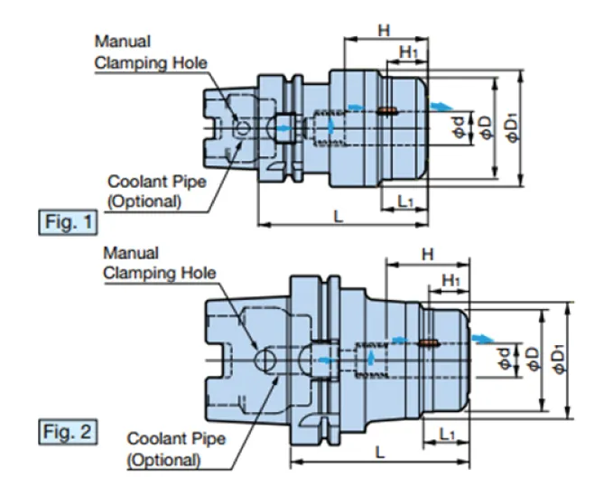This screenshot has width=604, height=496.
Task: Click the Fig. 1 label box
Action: click(x=68, y=222)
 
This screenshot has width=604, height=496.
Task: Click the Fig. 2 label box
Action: click(x=68, y=432)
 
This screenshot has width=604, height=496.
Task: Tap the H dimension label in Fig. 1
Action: click(x=384, y=30)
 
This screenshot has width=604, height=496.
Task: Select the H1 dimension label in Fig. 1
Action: click(x=408, y=52)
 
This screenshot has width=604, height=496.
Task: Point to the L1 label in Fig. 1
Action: click(x=405, y=201)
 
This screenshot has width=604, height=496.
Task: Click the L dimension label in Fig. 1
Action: click(x=338, y=216)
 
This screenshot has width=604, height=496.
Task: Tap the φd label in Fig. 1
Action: click(x=459, y=127)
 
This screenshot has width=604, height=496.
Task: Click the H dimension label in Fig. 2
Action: click(x=428, y=255)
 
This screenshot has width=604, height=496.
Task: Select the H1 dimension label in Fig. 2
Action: click(x=451, y=281)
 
